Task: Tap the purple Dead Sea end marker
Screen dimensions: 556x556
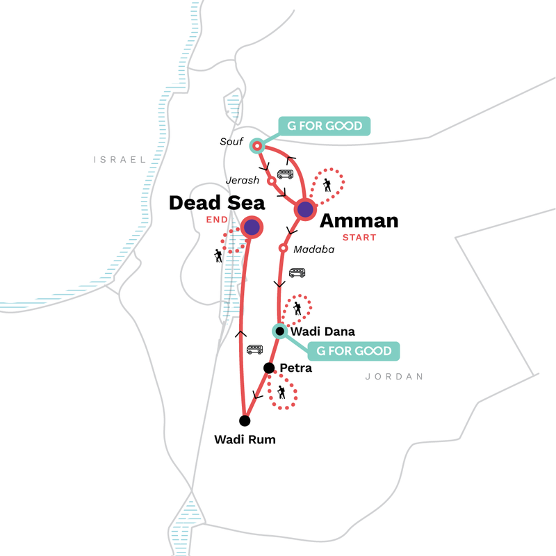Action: (251, 227)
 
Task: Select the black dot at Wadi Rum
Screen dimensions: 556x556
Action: (244, 420)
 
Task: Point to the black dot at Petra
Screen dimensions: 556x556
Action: (268, 368)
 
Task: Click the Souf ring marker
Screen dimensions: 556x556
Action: (257, 146)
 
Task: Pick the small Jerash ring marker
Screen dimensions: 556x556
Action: (272, 181)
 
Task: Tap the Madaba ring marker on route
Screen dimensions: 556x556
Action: (283, 248)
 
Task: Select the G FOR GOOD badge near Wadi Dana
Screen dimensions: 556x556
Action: (353, 351)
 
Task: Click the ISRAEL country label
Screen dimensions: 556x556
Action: (120, 159)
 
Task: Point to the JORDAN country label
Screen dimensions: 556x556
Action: (393, 377)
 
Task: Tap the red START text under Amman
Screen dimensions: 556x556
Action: (359, 238)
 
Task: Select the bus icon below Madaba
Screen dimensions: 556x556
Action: (297, 273)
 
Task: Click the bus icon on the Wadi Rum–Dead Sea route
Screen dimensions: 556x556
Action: (256, 350)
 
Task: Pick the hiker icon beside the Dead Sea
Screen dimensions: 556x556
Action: (218, 256)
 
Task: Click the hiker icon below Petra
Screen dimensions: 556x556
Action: (281, 393)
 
